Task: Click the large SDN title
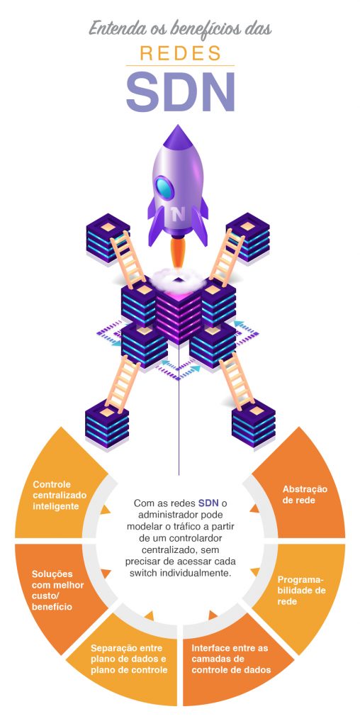[180, 91]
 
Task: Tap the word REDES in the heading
[180, 52]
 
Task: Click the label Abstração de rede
[304, 494]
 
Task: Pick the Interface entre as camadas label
[232, 659]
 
